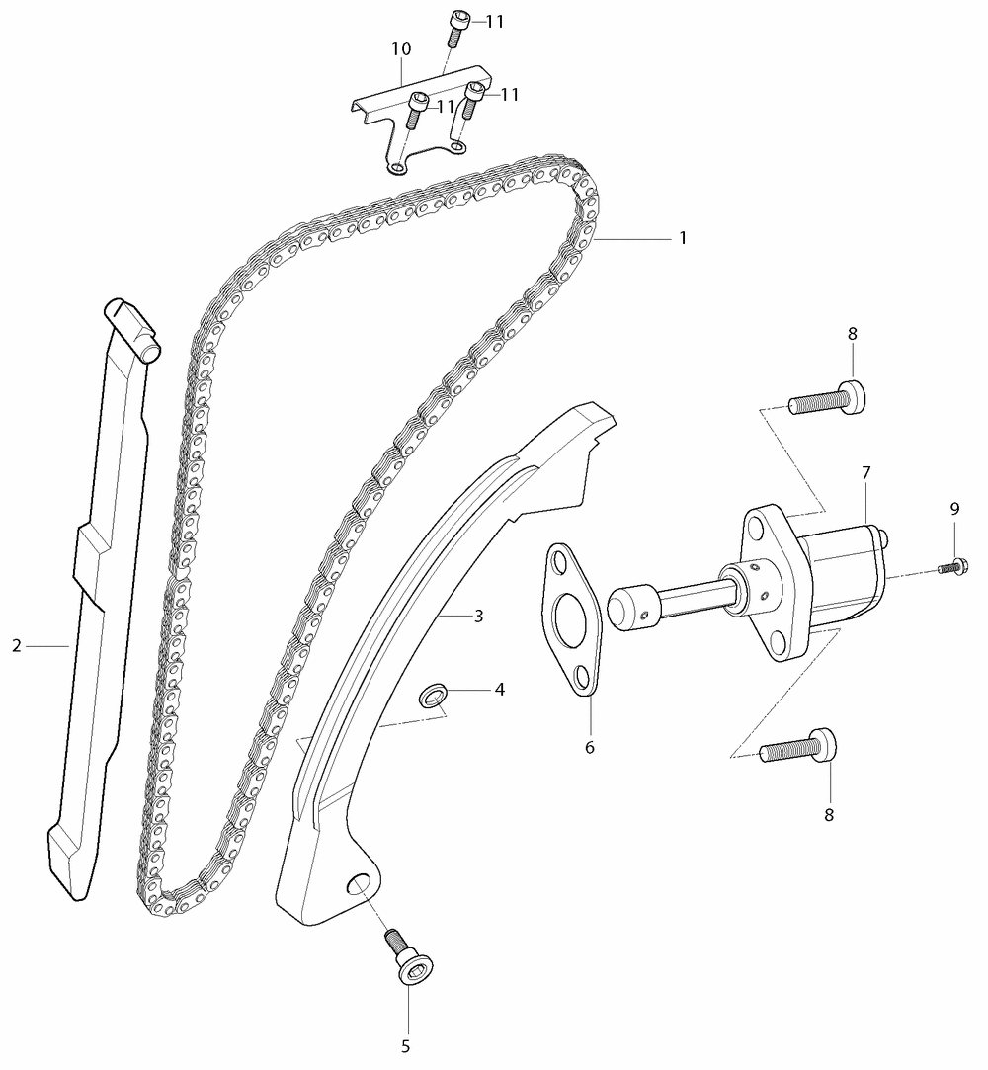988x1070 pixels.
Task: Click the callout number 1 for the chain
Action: (x=683, y=238)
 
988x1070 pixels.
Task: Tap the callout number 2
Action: (x=17, y=645)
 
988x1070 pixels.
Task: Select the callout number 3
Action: (x=478, y=617)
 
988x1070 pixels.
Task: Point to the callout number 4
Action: (x=500, y=690)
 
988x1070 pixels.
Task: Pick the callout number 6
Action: (x=590, y=747)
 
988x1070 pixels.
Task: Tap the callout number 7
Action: (x=865, y=472)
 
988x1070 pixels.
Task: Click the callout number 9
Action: (x=954, y=509)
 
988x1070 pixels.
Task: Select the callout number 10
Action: (x=401, y=49)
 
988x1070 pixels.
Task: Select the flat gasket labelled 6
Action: (x=572, y=618)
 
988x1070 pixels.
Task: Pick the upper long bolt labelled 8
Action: (x=827, y=398)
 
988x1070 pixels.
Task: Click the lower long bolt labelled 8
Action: (x=797, y=746)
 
